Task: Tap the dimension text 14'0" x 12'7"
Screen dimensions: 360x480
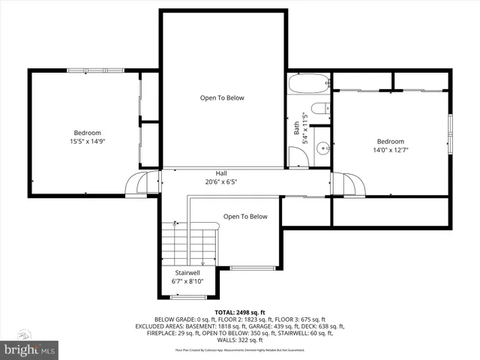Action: [390, 150]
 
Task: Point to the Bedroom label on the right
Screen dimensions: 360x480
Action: [390, 141]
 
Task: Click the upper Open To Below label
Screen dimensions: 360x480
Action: [221, 97]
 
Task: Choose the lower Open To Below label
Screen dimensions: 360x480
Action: [244, 217]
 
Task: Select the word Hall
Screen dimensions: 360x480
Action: [221, 173]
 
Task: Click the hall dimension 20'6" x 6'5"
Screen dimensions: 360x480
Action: [221, 181]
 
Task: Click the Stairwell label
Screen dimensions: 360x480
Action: [187, 272]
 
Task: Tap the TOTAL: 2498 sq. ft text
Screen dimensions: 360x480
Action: [240, 312]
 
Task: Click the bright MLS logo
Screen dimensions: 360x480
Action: [30, 349]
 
